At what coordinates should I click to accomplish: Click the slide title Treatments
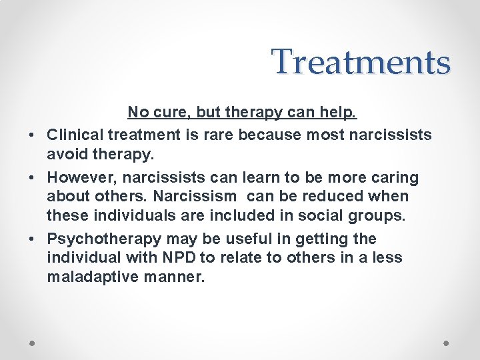pos(361,62)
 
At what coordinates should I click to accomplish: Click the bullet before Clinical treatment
pos(32,136)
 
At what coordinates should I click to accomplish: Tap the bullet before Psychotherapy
pos(32,239)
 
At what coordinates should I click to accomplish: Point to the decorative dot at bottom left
pos(33,341)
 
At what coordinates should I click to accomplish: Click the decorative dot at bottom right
pos(447,341)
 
